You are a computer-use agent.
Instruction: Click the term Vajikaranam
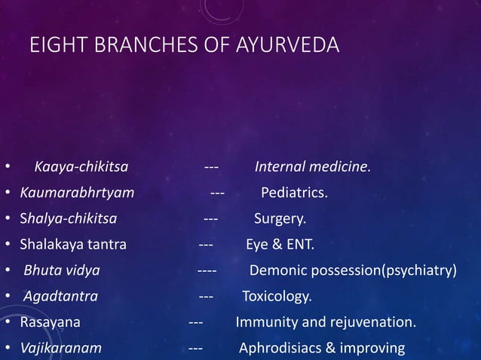coord(61,349)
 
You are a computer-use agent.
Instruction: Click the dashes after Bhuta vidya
coord(207,270)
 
